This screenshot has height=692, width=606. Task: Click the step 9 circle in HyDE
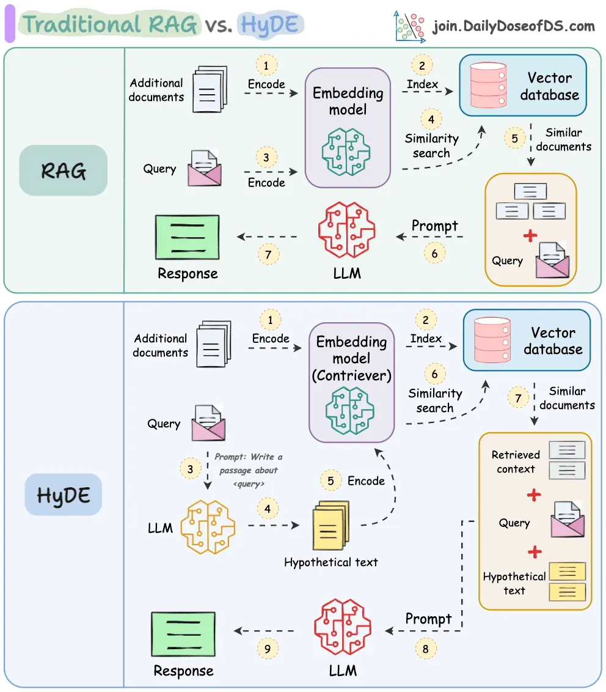pos(268,649)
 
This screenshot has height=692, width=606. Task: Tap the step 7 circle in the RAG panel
pos(269,254)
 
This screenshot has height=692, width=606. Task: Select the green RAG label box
pos(63,170)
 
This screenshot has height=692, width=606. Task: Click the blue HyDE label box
pos(63,494)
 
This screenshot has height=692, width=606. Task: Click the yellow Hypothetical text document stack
pos(330,527)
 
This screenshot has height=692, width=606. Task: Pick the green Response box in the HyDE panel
pos(183,634)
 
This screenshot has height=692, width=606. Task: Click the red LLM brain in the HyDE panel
pos(343,627)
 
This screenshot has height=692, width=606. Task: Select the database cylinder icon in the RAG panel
pos(488,86)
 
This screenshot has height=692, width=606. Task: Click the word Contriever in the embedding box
pos(351,375)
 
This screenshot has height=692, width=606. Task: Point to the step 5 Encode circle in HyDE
pos(330,480)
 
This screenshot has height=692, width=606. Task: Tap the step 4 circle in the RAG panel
pos(431,119)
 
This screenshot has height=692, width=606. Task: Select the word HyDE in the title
pos(269,24)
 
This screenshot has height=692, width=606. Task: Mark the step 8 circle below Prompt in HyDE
pos(426,649)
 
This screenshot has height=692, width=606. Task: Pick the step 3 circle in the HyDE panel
pos(191,469)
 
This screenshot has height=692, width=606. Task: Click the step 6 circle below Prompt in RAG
pos(435,253)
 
